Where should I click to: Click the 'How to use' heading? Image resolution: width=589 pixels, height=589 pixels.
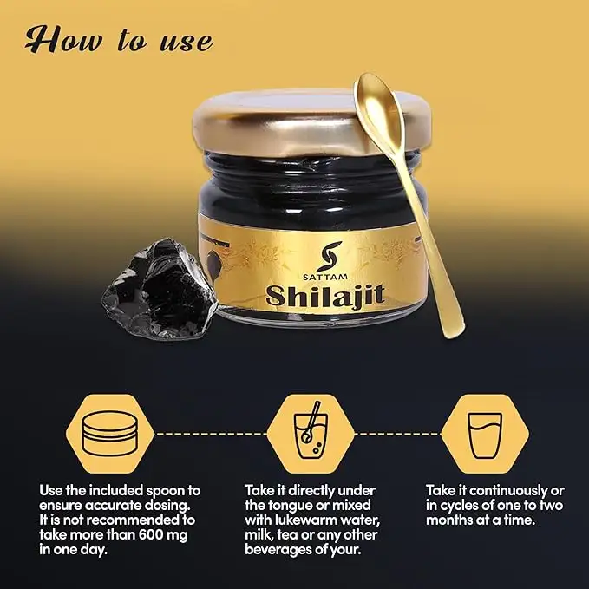click(x=119, y=39)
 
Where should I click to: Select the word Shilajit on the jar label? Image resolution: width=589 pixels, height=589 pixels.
click(x=325, y=295)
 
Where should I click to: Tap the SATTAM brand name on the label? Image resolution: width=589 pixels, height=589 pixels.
click(x=320, y=278)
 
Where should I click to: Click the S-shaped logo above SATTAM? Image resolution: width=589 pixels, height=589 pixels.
click(x=328, y=256)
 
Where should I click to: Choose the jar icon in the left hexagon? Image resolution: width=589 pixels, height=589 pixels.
click(x=109, y=433)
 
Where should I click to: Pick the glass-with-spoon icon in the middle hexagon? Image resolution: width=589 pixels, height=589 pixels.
click(x=311, y=430)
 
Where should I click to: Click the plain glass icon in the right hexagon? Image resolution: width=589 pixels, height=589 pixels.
click(x=485, y=435)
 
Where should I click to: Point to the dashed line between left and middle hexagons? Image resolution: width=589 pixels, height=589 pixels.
click(x=210, y=434)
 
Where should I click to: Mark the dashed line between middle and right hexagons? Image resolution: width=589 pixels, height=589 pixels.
click(x=398, y=434)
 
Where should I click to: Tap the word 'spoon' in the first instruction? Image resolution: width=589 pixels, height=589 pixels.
click(x=166, y=491)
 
